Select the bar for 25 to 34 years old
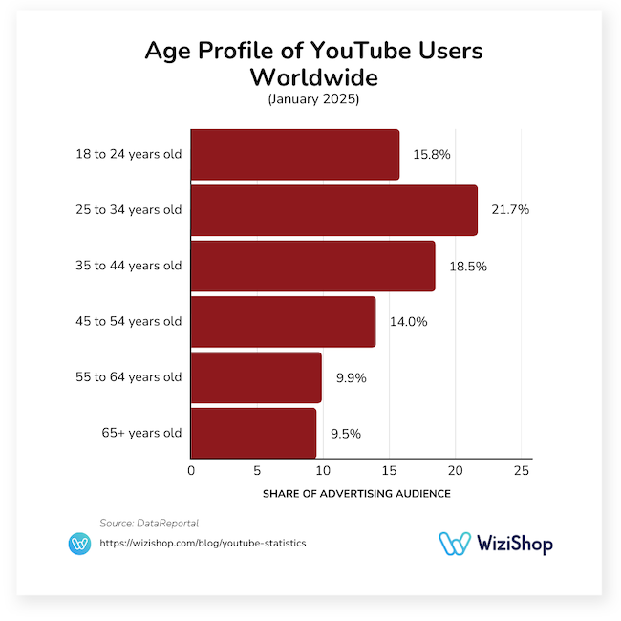click(333, 210)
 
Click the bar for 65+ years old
click(253, 433)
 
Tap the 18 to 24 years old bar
click(295, 154)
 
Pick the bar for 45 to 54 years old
click(283, 322)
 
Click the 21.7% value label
click(510, 210)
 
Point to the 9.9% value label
click(351, 377)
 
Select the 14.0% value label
click(408, 322)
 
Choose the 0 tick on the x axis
click(191, 470)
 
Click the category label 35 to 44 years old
click(129, 267)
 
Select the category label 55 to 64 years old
click(129, 377)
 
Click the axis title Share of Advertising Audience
click(356, 494)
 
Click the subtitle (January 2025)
click(310, 98)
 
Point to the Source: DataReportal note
click(149, 523)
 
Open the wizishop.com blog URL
click(203, 543)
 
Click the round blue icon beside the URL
click(80, 544)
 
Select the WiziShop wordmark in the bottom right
click(510, 544)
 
